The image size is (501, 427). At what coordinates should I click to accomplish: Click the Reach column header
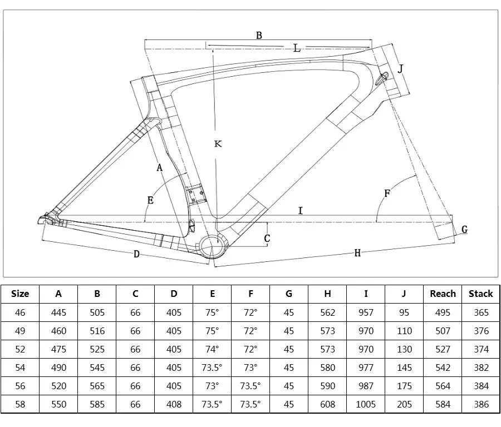point(443,294)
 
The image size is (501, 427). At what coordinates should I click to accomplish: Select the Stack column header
point(481,294)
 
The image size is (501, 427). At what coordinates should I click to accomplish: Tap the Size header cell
point(20,294)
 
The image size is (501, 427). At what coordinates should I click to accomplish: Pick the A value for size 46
point(58,312)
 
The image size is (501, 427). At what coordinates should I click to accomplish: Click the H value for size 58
point(328,404)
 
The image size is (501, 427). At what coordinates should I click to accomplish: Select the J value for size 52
point(404,349)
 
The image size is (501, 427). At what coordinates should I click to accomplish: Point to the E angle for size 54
point(212,368)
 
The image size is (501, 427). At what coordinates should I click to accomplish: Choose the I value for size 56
point(366,386)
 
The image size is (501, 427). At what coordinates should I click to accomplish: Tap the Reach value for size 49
point(443,331)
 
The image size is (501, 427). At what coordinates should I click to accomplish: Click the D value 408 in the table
point(174,404)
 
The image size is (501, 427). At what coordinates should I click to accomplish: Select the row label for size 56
point(20,386)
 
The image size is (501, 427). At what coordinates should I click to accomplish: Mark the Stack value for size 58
point(481,404)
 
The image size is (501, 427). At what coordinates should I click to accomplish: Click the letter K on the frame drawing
point(218,144)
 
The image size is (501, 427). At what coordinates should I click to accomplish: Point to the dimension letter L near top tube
point(297,49)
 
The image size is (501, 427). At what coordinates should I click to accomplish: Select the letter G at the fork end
point(464,229)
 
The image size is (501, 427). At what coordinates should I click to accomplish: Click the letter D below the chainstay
point(136,255)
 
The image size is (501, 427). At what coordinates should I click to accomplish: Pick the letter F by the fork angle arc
point(387,193)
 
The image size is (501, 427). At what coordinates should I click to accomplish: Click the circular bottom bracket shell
point(212,246)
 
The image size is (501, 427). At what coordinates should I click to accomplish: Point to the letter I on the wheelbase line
point(301,210)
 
